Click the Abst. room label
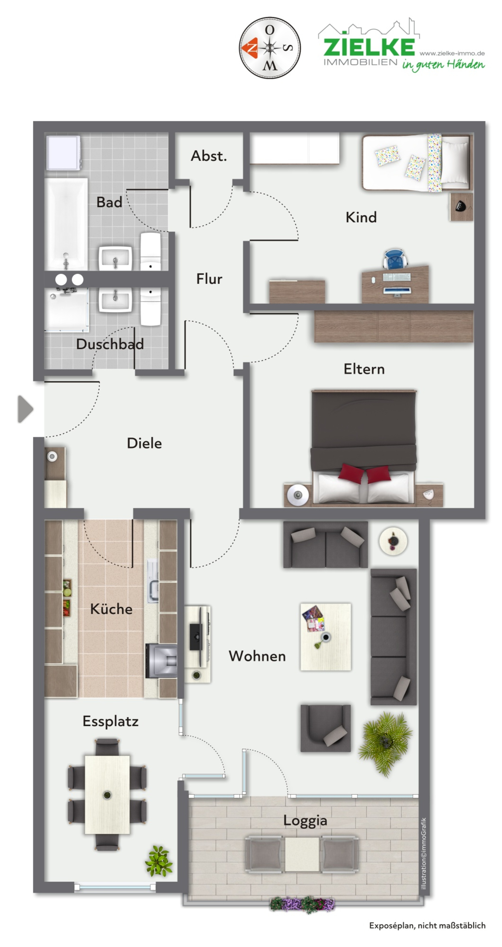[208, 156]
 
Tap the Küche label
[111, 609]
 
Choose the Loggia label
[305, 821]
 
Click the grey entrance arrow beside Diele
[25, 409]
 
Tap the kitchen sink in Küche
[153, 581]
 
